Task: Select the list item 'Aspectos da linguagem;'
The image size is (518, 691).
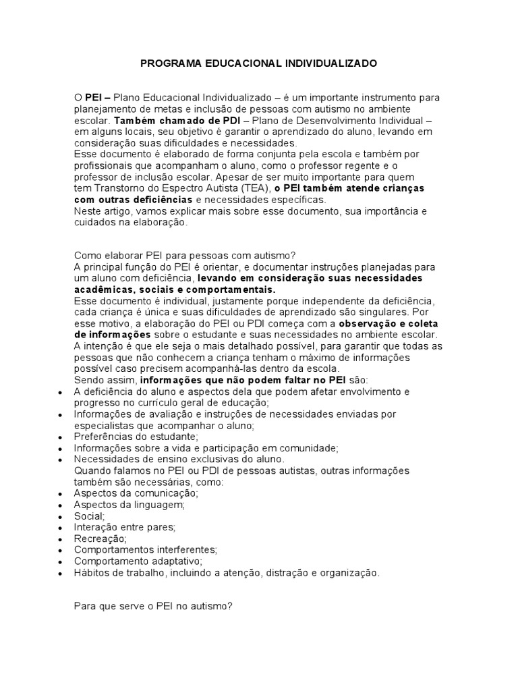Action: [x=129, y=505]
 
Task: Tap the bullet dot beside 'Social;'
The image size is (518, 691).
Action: [x=61, y=516]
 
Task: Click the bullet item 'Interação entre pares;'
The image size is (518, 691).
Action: [x=125, y=527]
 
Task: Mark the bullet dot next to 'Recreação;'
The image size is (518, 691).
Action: [x=61, y=538]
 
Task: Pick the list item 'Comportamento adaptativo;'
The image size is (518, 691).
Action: [x=138, y=561]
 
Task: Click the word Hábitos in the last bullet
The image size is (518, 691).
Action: [x=91, y=573]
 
